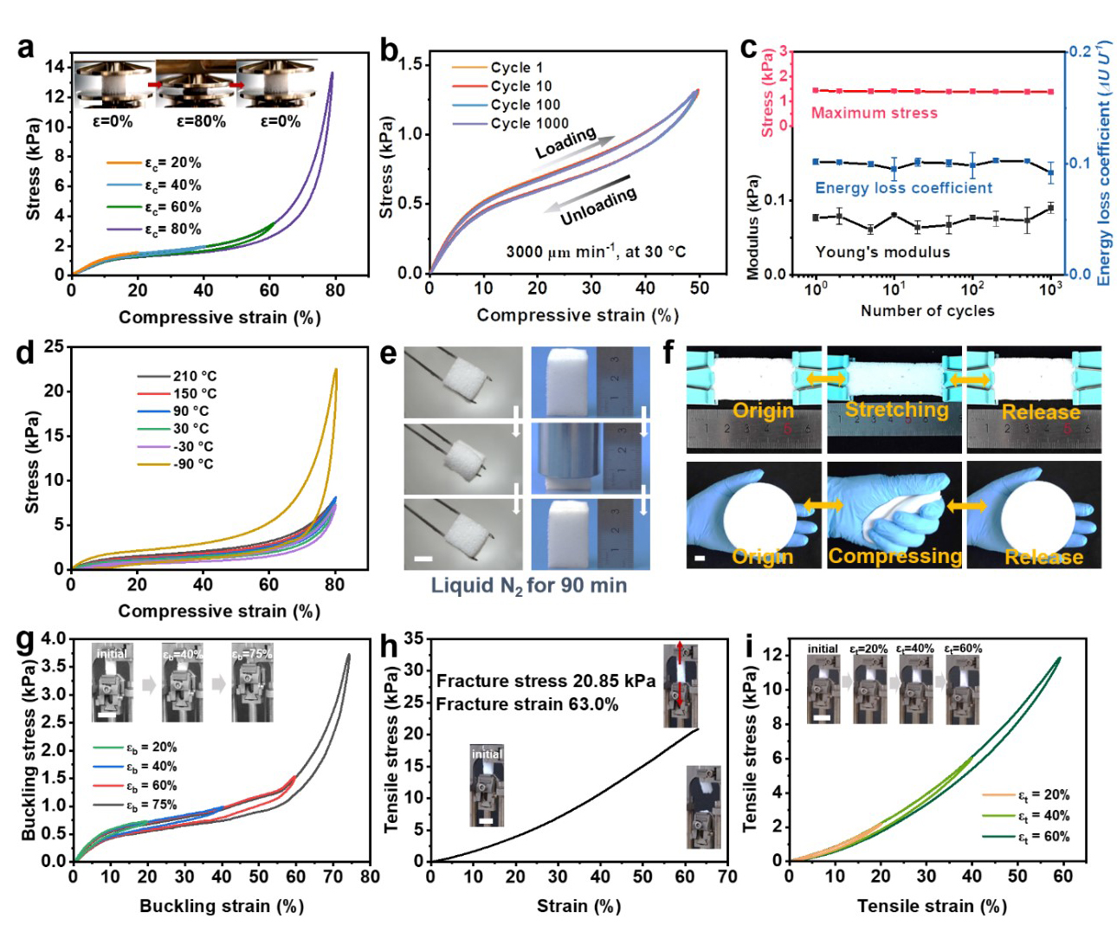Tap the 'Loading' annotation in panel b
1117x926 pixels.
tap(565, 143)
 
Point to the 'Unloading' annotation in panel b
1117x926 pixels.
tap(598, 206)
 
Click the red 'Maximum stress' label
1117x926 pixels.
tap(874, 113)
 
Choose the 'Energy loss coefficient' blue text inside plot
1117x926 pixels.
tap(903, 188)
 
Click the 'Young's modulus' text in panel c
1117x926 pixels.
tap(882, 252)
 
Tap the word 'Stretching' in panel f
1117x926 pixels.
tap(896, 410)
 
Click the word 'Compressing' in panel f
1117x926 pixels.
tap(894, 556)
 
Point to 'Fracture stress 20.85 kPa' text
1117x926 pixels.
tap(546, 681)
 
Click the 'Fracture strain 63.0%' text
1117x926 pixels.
tap(527, 704)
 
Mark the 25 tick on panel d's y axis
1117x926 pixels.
tap(55, 346)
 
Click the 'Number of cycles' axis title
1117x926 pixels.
tap(927, 311)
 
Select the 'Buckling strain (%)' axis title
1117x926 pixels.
tap(222, 906)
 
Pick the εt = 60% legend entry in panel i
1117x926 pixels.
tap(1043, 837)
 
